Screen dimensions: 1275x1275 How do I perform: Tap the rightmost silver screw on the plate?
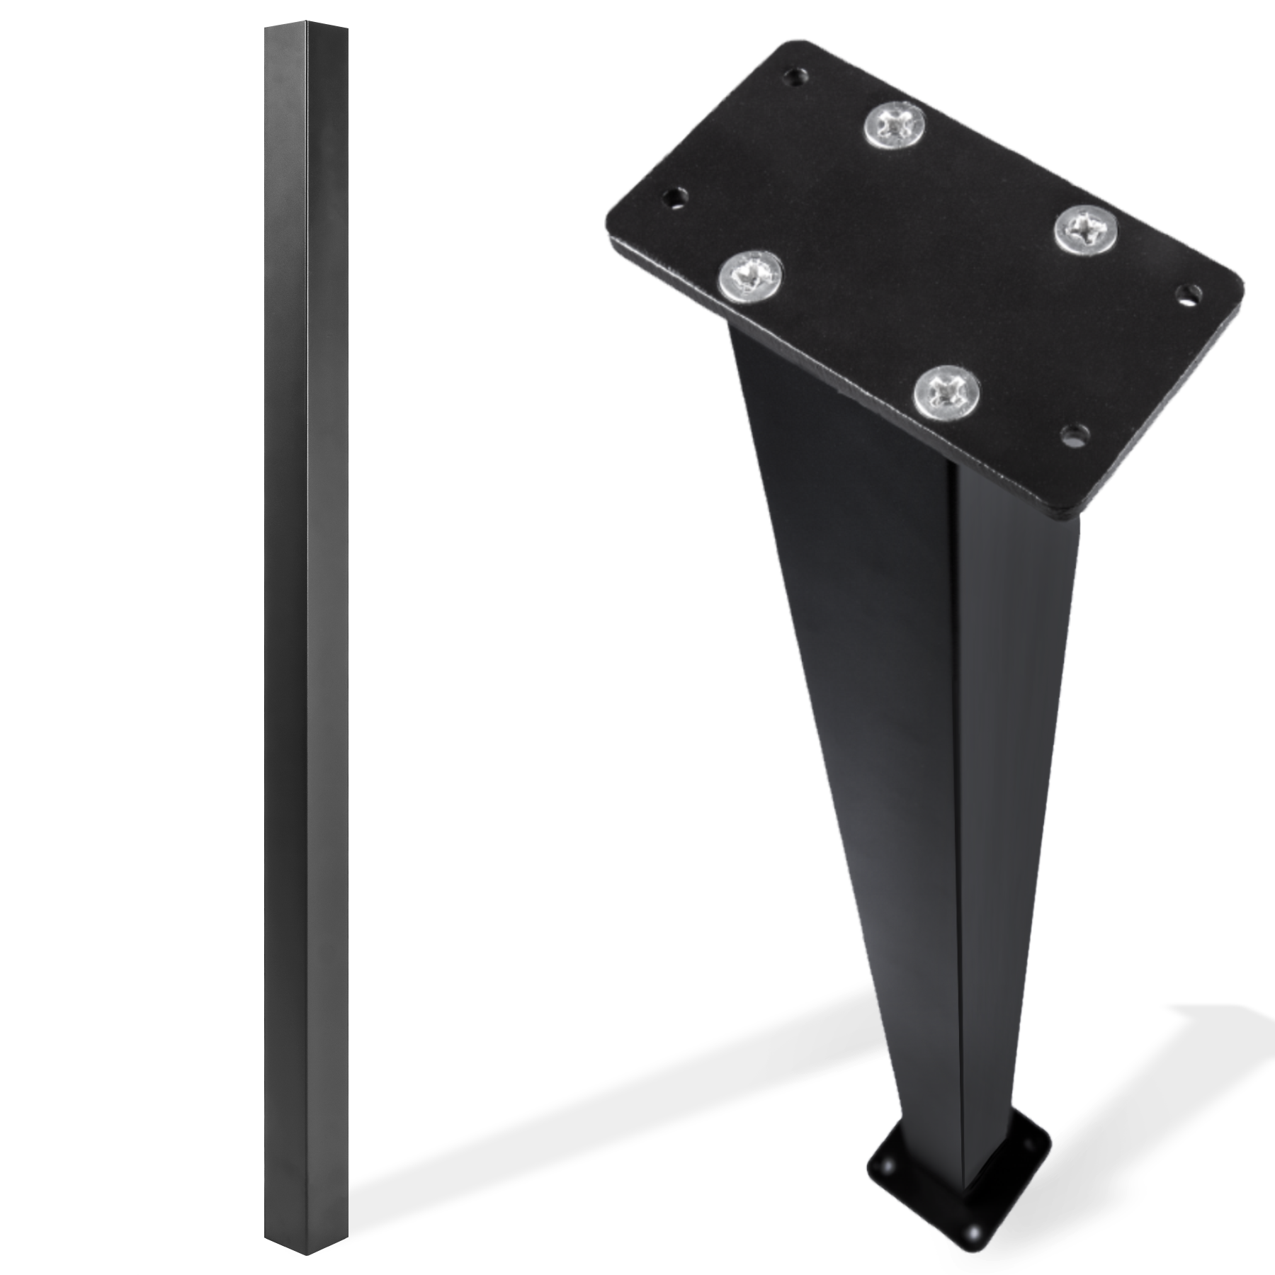point(1087,228)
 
